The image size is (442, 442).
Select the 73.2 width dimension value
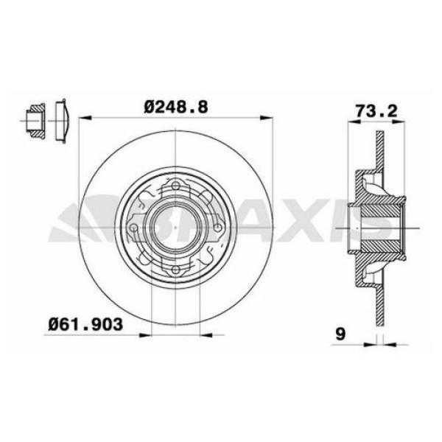pos(376,111)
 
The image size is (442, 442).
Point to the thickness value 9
pos(340,334)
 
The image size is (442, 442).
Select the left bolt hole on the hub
pos(133,228)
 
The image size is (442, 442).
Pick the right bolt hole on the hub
pos(217,228)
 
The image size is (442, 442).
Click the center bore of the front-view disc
pos(175,228)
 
